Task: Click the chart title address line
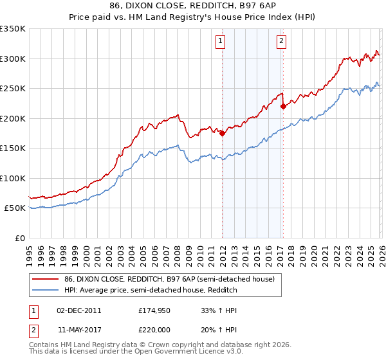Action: point(193,6)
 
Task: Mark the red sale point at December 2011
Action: point(223,134)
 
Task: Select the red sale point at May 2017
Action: point(284,107)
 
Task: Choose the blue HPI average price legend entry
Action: point(151,291)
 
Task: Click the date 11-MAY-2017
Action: point(79,329)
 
